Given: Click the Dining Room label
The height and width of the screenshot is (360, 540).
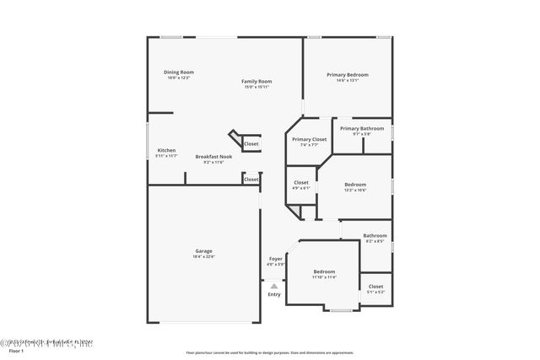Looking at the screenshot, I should [x=178, y=72].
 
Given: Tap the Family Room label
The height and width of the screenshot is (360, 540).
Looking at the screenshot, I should [x=257, y=81].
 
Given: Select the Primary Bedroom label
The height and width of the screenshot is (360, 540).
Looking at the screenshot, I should [x=348, y=74].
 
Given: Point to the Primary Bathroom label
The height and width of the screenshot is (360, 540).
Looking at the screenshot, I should [x=362, y=128].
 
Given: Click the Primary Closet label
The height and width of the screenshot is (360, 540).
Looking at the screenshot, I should [x=309, y=139].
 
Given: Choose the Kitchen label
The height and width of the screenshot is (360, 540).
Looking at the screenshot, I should [x=166, y=150].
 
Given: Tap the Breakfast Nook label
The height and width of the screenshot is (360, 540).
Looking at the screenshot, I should [x=214, y=156].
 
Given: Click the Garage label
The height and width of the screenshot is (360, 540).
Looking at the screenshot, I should [x=203, y=250].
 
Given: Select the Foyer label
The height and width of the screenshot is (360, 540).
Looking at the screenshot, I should [x=276, y=259].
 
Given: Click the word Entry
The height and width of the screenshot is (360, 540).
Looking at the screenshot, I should [x=274, y=294].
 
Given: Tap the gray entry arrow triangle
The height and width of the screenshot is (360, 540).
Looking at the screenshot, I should [x=274, y=286].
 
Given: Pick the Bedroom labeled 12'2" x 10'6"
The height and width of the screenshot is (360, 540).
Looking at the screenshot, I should [x=354, y=184].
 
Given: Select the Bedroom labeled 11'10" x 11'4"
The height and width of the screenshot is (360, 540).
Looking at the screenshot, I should [x=323, y=271].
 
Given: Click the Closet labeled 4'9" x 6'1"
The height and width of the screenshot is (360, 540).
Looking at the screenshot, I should [x=301, y=182].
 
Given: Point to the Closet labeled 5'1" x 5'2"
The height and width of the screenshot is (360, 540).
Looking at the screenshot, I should [x=375, y=287].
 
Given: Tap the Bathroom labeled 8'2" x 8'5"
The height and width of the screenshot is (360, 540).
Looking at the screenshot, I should [x=375, y=235].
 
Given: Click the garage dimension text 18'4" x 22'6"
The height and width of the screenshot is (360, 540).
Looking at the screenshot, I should [x=203, y=256].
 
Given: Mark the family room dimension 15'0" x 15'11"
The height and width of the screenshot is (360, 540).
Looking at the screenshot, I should [x=257, y=87].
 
